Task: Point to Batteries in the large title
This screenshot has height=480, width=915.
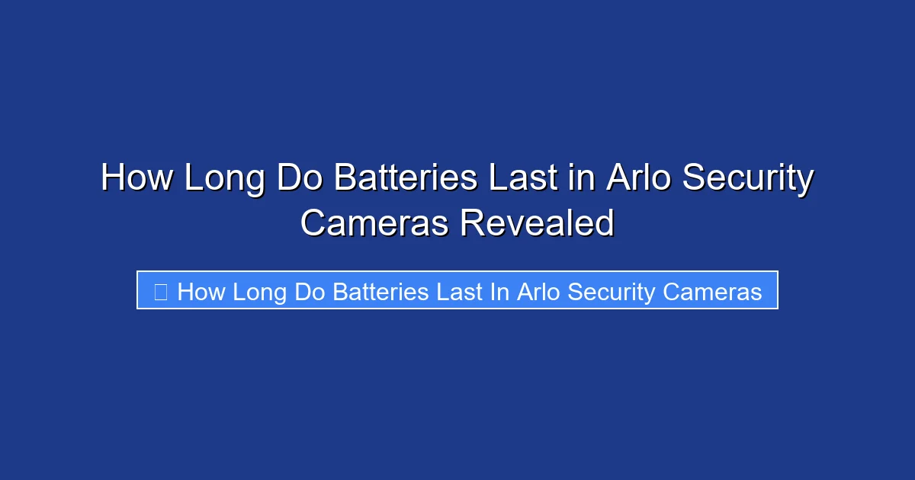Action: point(405,179)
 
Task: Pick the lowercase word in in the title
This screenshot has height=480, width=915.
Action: point(584,179)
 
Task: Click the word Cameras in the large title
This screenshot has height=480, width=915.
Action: point(374,223)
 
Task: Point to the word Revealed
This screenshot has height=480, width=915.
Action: point(536,223)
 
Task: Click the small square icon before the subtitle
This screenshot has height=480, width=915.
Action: point(160,291)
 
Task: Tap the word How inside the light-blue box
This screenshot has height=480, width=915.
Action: point(202,291)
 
